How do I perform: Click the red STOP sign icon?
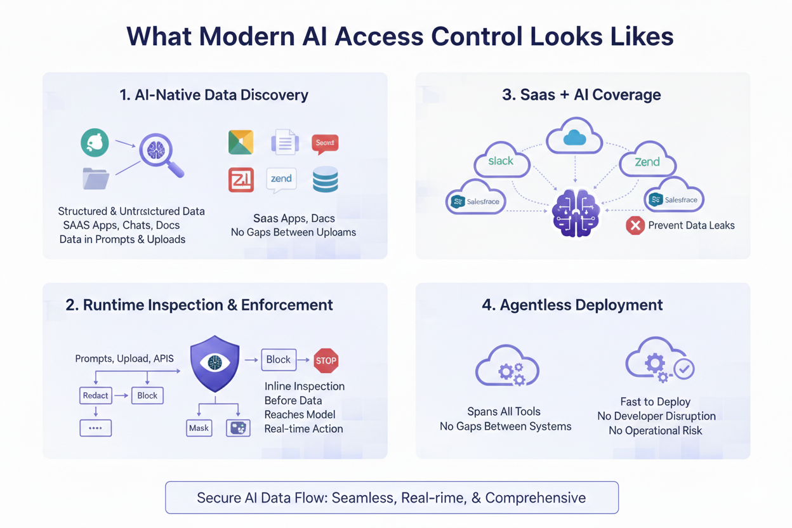(326, 360)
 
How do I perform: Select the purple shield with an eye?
(215, 364)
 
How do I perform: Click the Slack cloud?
(501, 161)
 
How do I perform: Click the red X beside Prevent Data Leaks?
(635, 225)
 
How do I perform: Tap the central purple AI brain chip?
(575, 213)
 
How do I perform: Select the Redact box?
(95, 395)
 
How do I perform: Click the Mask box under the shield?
(199, 428)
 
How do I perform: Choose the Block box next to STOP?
(278, 360)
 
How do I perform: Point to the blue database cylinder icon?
(325, 180)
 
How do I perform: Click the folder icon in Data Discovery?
(96, 178)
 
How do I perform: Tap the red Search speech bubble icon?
(325, 143)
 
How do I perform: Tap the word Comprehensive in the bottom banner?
(536, 498)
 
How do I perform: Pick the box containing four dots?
(95, 428)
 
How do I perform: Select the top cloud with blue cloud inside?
(574, 136)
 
